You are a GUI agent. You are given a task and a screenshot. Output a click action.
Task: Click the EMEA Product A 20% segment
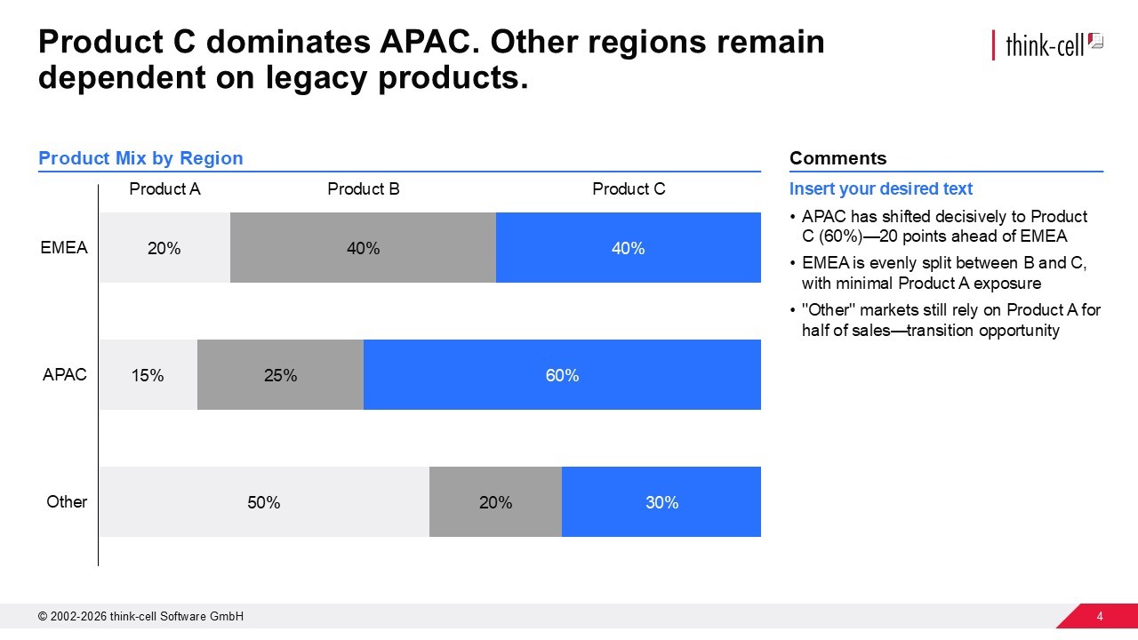tap(164, 248)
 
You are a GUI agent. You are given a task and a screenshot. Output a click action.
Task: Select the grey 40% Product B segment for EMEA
tap(363, 248)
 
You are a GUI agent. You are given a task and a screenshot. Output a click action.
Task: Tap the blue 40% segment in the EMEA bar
tap(628, 248)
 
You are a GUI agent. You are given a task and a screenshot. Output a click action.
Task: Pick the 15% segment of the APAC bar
tap(148, 375)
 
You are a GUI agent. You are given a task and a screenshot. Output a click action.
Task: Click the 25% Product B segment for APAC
tap(280, 375)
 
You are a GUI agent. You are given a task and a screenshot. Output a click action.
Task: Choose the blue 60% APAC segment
tap(562, 375)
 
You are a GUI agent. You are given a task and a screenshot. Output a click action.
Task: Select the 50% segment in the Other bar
tap(263, 502)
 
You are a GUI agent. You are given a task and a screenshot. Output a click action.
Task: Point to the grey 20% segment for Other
tap(495, 502)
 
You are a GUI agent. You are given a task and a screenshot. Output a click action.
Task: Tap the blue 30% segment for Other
tap(661, 502)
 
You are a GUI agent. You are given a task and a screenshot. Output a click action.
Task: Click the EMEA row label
tap(64, 247)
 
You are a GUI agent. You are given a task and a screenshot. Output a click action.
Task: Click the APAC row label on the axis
tap(65, 374)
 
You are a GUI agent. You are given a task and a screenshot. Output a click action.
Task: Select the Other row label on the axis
tap(67, 501)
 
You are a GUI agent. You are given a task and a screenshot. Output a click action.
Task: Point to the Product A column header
tap(164, 188)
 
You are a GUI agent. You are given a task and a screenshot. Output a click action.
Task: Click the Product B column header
tap(363, 188)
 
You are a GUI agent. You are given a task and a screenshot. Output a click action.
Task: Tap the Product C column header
tap(629, 188)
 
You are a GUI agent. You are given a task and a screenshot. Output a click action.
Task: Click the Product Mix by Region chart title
tap(140, 158)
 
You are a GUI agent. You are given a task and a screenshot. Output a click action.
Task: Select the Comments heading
tap(837, 158)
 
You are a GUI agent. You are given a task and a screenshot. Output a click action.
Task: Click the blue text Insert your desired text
tap(880, 188)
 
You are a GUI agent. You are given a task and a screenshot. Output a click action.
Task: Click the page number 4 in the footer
tap(1100, 617)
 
